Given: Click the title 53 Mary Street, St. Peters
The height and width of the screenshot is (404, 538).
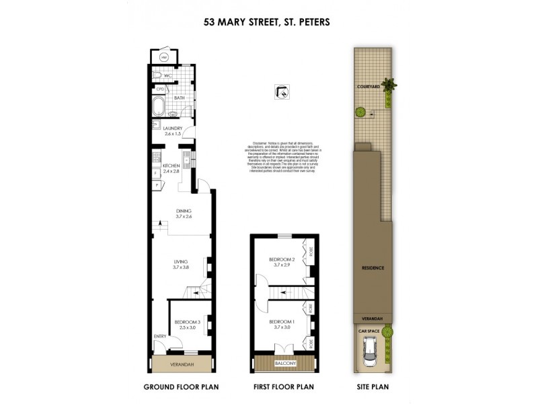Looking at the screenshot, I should coord(267,22).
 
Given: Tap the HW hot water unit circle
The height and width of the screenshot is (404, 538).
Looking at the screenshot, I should coord(163,57).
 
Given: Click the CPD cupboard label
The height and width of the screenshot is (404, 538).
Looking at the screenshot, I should coord(160,89).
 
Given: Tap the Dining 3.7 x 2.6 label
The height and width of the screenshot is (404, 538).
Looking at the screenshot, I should coord(184,213).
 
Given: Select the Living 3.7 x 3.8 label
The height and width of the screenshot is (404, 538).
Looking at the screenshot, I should coord(181,264).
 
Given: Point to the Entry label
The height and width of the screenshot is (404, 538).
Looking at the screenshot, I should coord(159,336).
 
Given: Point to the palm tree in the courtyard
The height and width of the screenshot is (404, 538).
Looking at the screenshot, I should coord(389,86).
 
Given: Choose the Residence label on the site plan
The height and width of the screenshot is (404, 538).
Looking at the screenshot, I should coord(372,267).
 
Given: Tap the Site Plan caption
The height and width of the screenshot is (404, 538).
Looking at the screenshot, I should coord(372,387).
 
